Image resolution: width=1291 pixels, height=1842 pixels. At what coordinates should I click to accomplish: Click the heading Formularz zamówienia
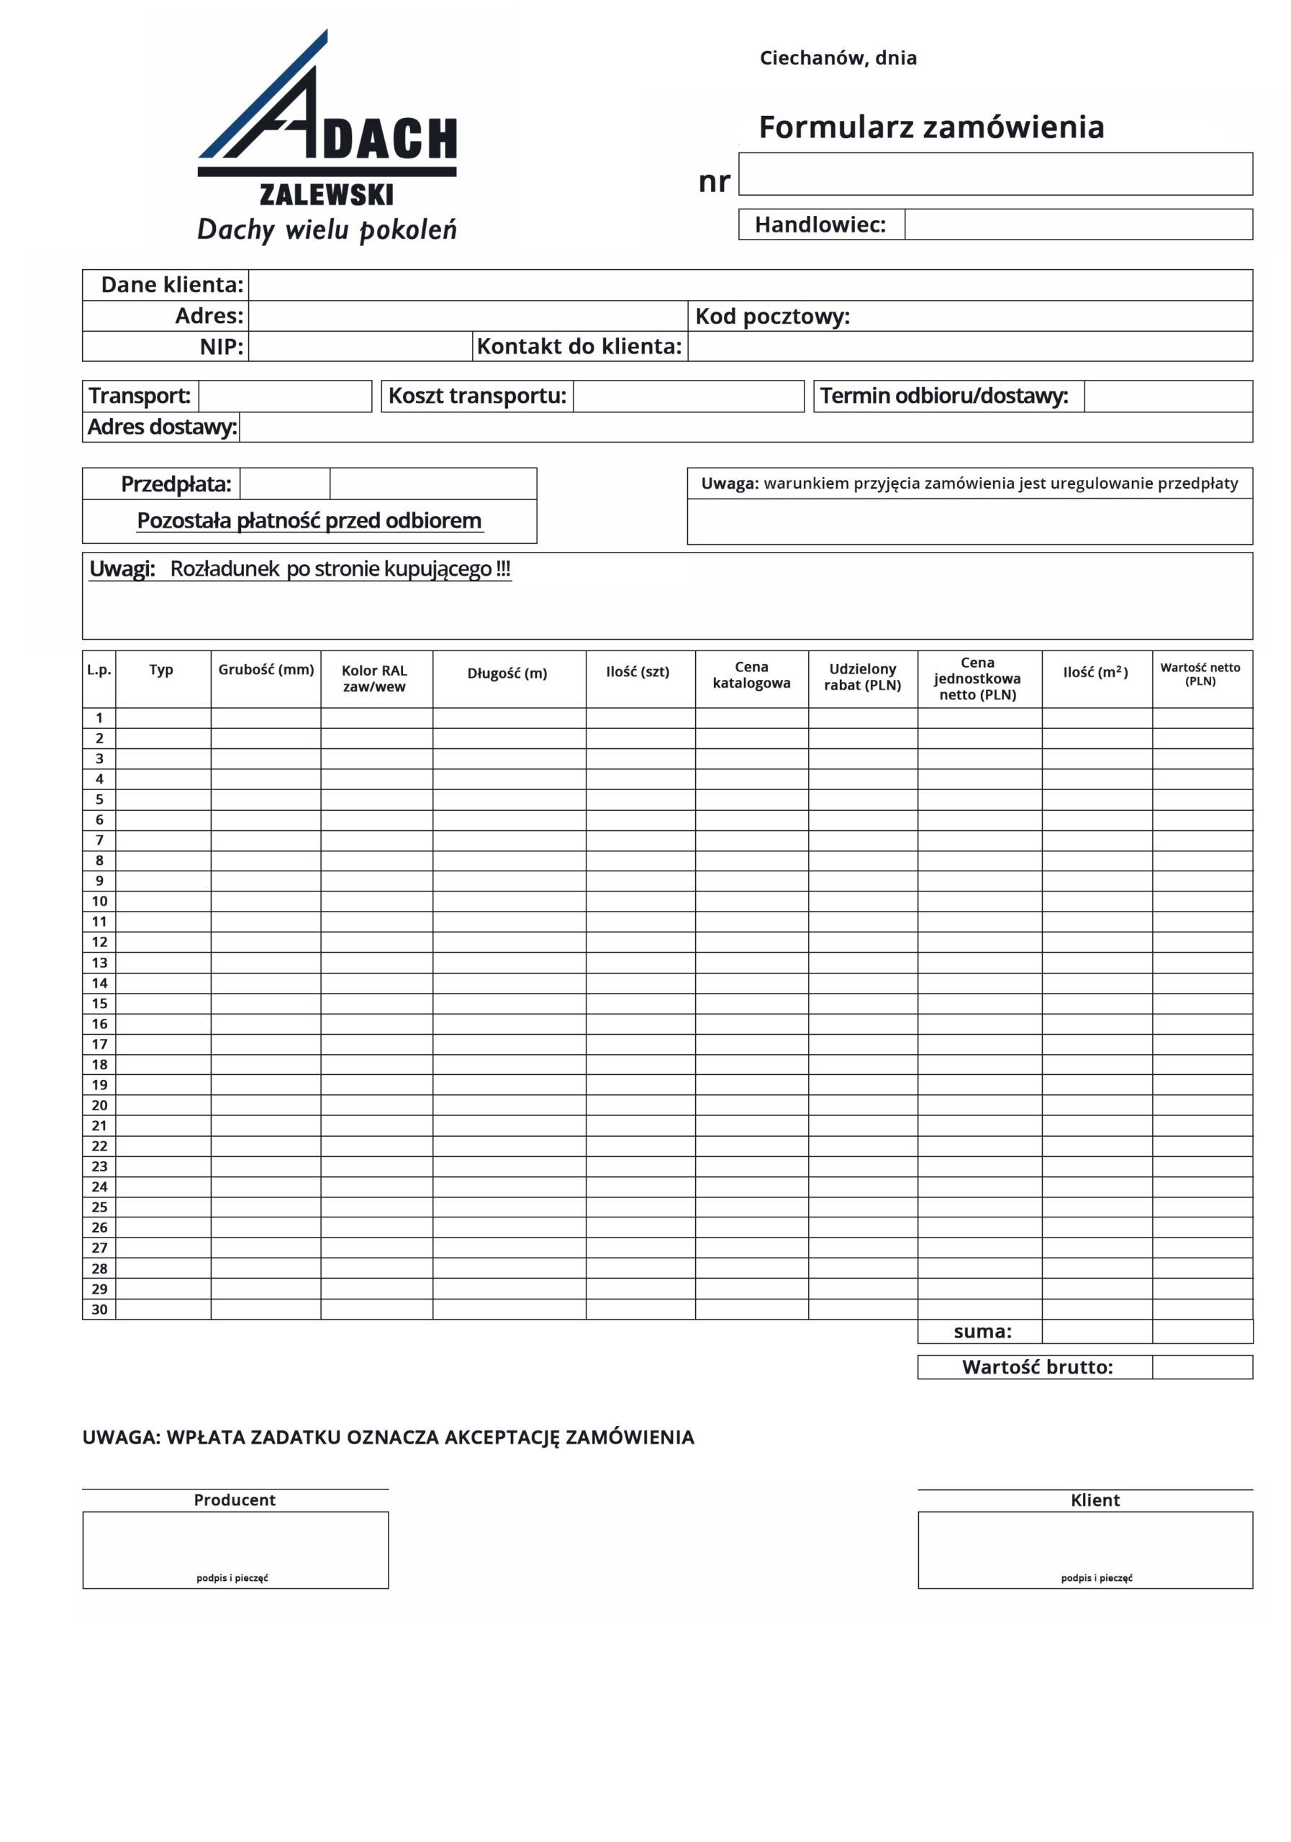pos(930,127)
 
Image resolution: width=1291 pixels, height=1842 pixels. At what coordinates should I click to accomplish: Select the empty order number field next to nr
pos(995,174)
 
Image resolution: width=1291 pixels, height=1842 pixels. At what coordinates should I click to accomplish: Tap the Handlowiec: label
pos(820,224)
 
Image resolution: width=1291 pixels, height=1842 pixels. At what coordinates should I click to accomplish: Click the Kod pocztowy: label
pos(772,316)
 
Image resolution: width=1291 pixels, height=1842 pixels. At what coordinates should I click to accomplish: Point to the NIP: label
pos(222,347)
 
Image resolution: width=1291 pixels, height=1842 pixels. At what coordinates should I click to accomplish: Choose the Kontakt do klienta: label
pos(579,347)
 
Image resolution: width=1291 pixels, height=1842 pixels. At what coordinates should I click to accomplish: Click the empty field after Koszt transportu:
pos(689,396)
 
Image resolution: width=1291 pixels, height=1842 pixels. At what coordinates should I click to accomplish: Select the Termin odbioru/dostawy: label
pos(943,396)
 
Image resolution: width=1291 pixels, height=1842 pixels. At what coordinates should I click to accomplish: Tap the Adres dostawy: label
pos(162,427)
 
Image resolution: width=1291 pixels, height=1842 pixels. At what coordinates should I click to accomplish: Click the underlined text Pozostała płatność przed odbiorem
pos(309,521)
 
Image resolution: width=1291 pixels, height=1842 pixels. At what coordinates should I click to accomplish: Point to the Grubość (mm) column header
pos(266,670)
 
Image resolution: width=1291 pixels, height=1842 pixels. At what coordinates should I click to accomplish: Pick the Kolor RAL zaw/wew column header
pos(375,678)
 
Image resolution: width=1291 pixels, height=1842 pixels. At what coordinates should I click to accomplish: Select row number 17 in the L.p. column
pos(99,1044)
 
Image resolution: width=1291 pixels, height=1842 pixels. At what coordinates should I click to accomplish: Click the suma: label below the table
pos(982,1332)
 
